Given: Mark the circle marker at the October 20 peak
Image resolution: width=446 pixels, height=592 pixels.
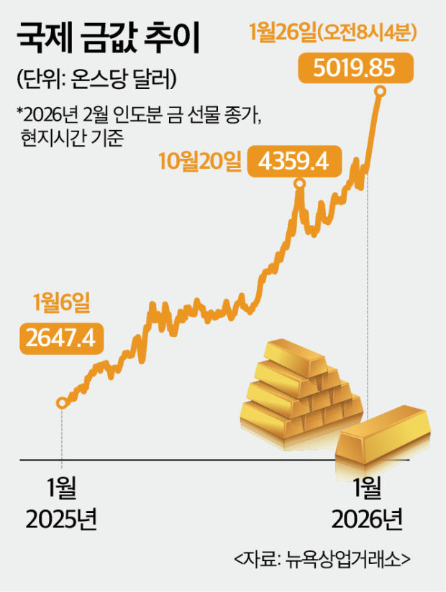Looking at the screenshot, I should [x=300, y=185].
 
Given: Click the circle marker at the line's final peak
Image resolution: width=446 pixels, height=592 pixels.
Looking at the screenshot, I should [x=381, y=92].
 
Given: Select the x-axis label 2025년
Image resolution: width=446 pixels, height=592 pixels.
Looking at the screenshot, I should [x=61, y=519].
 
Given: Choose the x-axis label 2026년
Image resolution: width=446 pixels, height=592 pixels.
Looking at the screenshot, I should [x=368, y=519].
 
